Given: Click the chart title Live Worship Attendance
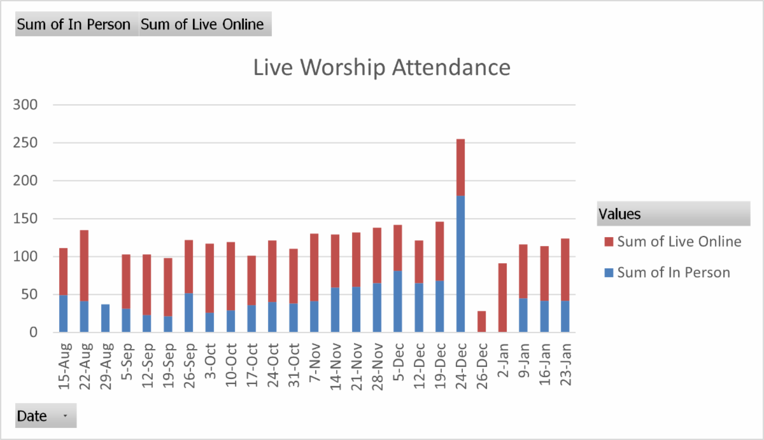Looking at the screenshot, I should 382,67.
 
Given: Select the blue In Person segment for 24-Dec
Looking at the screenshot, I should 460,264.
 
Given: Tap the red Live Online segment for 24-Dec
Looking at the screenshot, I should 460,167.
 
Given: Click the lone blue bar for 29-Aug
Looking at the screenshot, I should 105,318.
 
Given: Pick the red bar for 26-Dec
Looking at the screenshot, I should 481,321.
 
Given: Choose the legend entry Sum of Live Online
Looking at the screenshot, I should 679,242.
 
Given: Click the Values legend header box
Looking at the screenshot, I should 673,214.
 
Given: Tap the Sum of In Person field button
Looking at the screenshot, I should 74,25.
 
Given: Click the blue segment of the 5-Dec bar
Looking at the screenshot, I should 398,301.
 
